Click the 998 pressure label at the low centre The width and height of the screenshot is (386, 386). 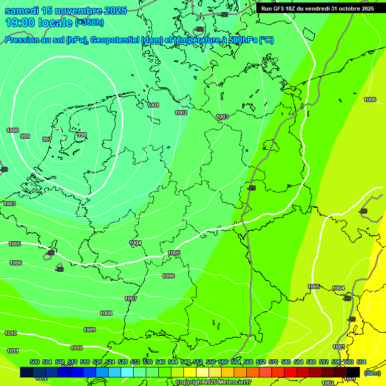pyautogui.click(x=82, y=135)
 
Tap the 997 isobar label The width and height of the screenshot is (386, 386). pyautogui.click(x=47, y=139)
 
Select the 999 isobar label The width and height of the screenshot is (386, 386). pyautogui.click(x=25, y=136)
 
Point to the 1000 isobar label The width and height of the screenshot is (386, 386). pyautogui.click(x=13, y=130)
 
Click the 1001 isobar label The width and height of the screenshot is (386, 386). pyautogui.click(x=153, y=105)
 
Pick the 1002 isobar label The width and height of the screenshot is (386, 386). pyautogui.click(x=181, y=113)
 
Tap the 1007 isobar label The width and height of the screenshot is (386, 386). pyautogui.click(x=131, y=299)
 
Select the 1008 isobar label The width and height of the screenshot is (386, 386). pyautogui.click(x=106, y=313)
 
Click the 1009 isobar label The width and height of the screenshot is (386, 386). pyautogui.click(x=89, y=330)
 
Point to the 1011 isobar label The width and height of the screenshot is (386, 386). pyautogui.click(x=13, y=351)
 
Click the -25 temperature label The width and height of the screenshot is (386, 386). pyautogui.click(x=251, y=188)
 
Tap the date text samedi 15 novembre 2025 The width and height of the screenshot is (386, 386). pyautogui.click(x=65, y=11)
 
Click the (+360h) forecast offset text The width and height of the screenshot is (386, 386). pyautogui.click(x=89, y=22)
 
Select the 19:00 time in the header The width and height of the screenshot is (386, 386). pyautogui.click(x=23, y=23)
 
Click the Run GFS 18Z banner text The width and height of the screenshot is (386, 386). pyautogui.click(x=317, y=9)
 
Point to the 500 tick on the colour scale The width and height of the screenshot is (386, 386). pyautogui.click(x=35, y=362)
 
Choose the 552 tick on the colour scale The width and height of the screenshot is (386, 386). pyautogui.click(x=198, y=362)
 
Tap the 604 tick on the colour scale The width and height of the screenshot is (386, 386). pyautogui.click(x=361, y=362)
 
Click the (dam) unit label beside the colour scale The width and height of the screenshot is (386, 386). pyautogui.click(x=372, y=373)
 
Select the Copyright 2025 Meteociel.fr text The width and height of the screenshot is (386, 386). pyautogui.click(x=213, y=382)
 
